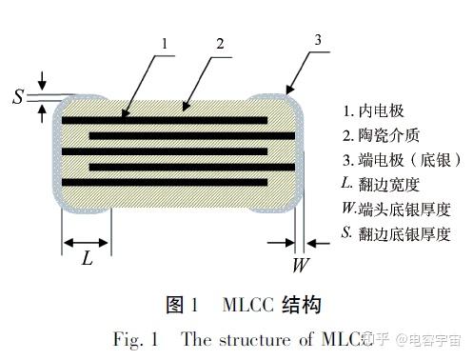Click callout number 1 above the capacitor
tap(165, 43)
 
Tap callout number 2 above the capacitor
tap(220, 43)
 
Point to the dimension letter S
tap(18, 96)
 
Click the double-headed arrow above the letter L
tap(87, 241)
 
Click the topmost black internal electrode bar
tap(162, 121)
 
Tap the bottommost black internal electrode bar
tap(162, 181)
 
